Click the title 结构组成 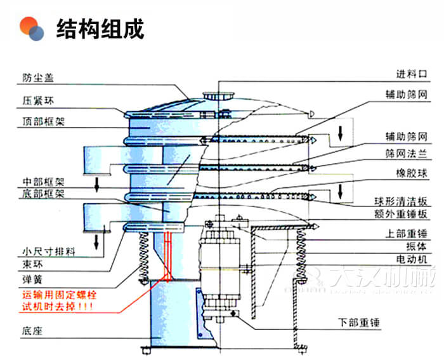click(100, 29)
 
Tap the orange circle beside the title click(29, 26)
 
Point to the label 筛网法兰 click(406, 154)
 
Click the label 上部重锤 click(406, 232)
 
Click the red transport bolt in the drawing click(168, 254)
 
